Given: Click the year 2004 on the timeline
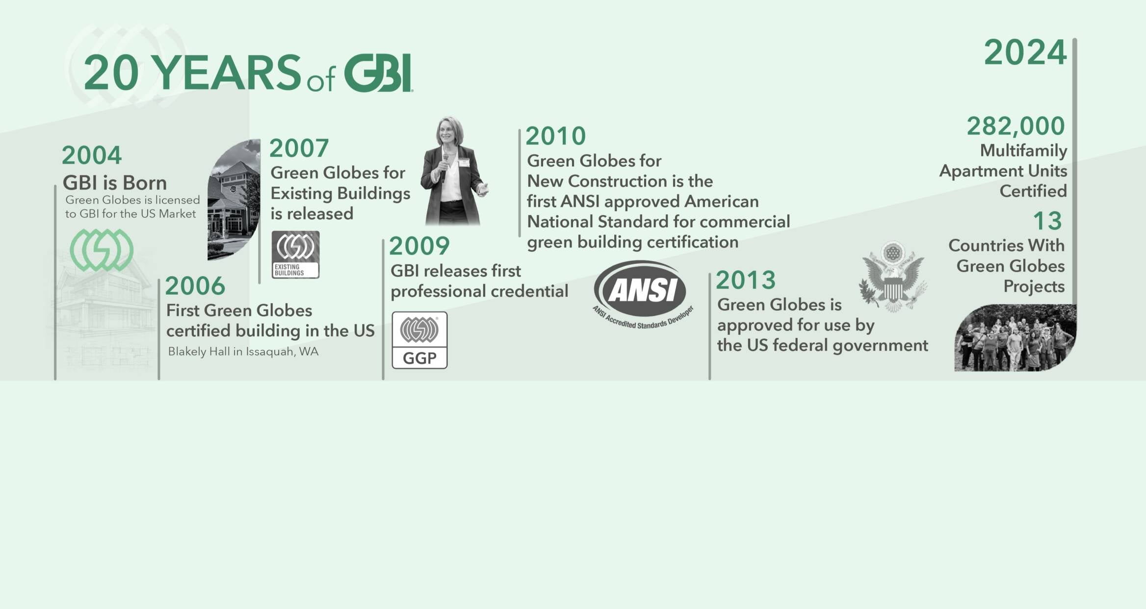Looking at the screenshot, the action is click(92, 155).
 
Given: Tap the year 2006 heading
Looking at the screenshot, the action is click(195, 286).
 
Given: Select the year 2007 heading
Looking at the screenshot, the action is click(299, 149).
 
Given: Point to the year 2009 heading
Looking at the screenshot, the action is click(419, 246).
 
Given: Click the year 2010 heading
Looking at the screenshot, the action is click(556, 136).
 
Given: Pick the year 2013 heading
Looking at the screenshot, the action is click(746, 280).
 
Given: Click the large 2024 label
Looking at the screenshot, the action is click(1025, 52).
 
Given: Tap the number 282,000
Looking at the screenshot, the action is click(1016, 126).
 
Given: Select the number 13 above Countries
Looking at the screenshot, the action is click(1047, 221).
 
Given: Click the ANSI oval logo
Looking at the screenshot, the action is click(643, 294).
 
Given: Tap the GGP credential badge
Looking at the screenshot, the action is click(419, 340).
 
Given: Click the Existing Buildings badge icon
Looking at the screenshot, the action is click(295, 255).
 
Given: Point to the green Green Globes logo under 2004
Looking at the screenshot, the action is click(102, 250).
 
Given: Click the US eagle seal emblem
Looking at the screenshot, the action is click(893, 277).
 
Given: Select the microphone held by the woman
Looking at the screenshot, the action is click(445, 167).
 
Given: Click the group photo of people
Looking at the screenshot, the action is click(1015, 337).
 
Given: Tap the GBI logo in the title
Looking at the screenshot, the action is click(378, 73).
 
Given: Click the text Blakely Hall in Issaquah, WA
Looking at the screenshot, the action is click(243, 352).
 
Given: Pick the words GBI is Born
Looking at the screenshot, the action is click(115, 183).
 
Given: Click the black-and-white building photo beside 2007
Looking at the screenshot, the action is click(234, 200).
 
